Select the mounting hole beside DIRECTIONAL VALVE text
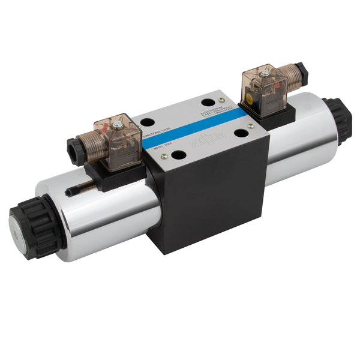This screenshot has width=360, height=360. click(147, 122)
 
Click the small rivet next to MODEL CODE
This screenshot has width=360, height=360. click(164, 156)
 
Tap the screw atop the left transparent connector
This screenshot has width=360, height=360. click(118, 124)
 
